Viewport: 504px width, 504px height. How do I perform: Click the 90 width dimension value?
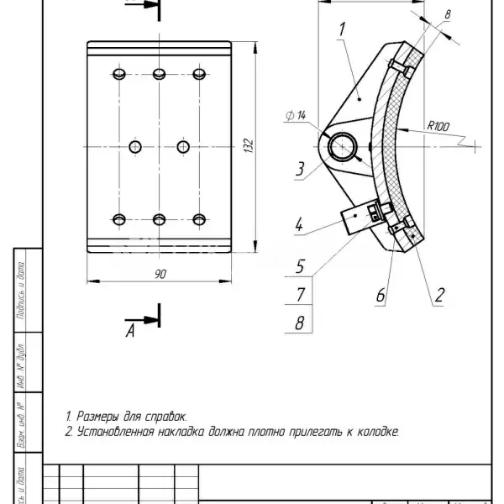tap(160, 274)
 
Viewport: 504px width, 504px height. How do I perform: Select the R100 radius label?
tap(438, 126)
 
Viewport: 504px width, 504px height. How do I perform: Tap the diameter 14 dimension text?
tap(296, 114)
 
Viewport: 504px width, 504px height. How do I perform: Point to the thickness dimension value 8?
tap(447, 14)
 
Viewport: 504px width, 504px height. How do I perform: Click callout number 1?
tap(343, 29)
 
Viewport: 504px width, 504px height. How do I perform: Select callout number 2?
tap(438, 295)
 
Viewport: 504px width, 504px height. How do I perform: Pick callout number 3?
tap(299, 169)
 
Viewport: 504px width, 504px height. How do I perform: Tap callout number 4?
tap(299, 224)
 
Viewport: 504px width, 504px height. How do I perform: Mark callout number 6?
tap(380, 295)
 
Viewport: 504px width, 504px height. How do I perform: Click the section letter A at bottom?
tap(130, 331)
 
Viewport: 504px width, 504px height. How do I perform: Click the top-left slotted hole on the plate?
tap(118, 75)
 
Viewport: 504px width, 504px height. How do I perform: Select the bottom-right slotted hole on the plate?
tap(199, 220)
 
